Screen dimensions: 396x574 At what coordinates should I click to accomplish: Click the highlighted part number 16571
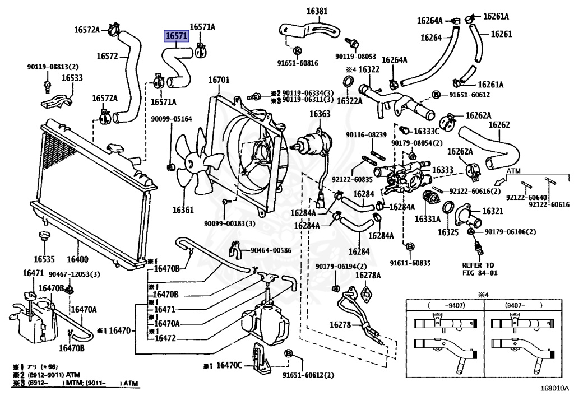pyautogui.click(x=176, y=36)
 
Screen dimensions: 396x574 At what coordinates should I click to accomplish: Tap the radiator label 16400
pyautogui.click(x=77, y=259)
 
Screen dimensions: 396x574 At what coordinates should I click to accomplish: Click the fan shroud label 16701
pyautogui.click(x=219, y=80)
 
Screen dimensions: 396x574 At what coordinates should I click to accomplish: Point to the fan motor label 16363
pyautogui.click(x=320, y=114)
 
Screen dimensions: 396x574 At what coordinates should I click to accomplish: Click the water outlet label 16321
pyautogui.click(x=493, y=211)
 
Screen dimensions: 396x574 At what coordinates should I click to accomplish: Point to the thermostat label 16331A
pyautogui.click(x=427, y=220)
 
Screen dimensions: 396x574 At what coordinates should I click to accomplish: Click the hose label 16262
pyautogui.click(x=499, y=125)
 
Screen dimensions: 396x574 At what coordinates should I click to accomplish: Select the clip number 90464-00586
pyautogui.click(x=271, y=250)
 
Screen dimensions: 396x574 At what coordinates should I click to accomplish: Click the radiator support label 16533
pyautogui.click(x=72, y=78)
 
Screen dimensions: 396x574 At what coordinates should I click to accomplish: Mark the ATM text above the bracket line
pyautogui.click(x=515, y=170)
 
